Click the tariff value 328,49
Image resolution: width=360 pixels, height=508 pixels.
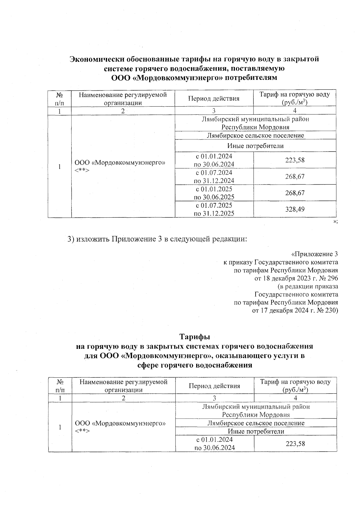(295, 209)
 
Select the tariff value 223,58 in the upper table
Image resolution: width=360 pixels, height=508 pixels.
(295, 160)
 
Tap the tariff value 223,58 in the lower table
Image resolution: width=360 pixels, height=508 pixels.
(295, 443)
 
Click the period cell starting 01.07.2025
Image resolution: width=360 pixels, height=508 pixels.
(214, 209)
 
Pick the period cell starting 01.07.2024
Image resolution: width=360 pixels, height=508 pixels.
(214, 177)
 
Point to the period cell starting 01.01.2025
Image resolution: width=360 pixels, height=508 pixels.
(214, 193)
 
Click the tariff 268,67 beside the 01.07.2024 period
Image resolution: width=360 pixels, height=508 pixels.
(295, 177)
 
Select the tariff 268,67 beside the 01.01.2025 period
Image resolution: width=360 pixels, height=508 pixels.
(295, 193)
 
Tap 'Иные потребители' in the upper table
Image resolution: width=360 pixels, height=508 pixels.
(255, 146)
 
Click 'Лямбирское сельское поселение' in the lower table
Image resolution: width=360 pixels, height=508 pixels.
(256, 423)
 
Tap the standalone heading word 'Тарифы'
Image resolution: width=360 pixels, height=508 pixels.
(195, 336)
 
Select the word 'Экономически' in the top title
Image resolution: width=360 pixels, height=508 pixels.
(96, 59)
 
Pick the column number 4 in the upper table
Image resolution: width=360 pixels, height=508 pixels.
(295, 111)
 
